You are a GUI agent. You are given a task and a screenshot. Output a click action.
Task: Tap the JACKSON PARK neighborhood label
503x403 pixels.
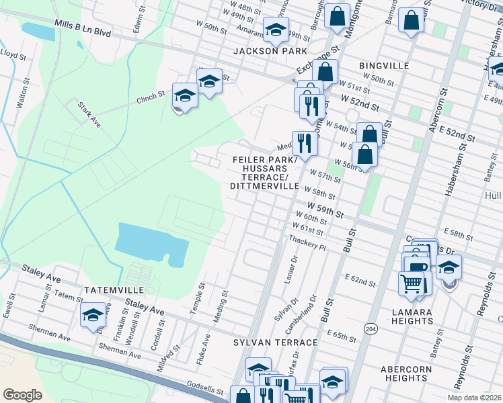(x=270, y=51)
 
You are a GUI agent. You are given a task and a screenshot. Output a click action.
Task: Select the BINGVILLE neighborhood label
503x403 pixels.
(x=384, y=65)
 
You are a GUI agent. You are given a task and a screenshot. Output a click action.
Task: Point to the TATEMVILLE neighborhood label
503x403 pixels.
(x=114, y=289)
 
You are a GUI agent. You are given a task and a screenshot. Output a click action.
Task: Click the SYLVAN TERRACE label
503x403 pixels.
(x=275, y=343)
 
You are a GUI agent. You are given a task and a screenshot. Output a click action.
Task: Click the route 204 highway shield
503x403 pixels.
(x=370, y=328)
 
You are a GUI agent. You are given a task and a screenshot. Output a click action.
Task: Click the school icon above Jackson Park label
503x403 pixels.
(x=274, y=30)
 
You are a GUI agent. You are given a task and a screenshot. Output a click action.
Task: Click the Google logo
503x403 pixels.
(x=23, y=394)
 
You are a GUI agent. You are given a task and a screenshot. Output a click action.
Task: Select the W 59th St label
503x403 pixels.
(x=325, y=210)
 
